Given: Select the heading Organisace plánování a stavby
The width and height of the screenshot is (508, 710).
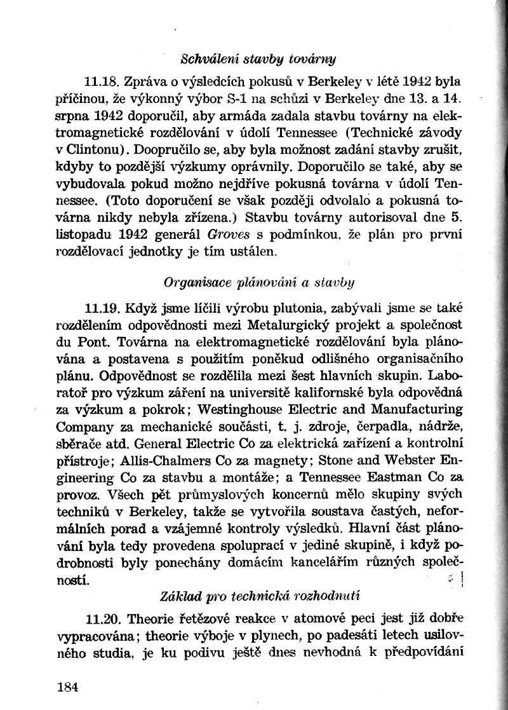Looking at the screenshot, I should tap(259, 280).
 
